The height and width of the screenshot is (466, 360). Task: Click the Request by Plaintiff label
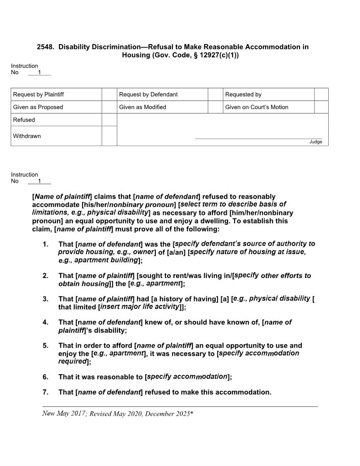[x=38, y=94]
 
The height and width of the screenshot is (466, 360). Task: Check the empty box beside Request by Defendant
[x=215, y=94]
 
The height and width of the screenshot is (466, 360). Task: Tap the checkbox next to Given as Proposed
[x=109, y=107]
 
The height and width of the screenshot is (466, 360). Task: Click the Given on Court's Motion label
[x=256, y=107]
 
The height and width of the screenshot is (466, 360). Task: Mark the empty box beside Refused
[x=109, y=120]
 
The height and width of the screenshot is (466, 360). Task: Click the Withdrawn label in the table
[x=27, y=136]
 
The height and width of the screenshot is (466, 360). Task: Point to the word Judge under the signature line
[x=315, y=142]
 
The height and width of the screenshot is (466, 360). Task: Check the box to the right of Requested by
[x=321, y=94]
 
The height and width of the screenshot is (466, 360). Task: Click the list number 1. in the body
[x=45, y=244]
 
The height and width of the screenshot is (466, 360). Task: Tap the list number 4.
[x=45, y=323]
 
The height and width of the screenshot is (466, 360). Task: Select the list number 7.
[x=45, y=392]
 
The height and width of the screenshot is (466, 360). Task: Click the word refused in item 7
[x=158, y=392]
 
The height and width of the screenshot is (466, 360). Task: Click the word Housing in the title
[x=135, y=56]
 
